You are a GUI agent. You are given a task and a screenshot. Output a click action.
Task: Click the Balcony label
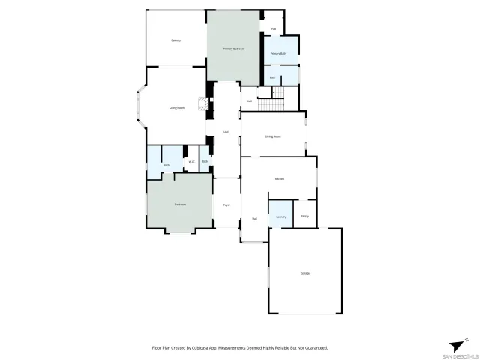pyautogui.click(x=175, y=40)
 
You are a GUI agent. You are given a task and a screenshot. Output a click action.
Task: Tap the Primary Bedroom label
pyautogui.click(x=234, y=49)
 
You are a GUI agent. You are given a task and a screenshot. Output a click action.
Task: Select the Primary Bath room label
pyautogui.click(x=279, y=54)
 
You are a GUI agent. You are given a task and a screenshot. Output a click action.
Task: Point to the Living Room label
pyautogui.click(x=177, y=108)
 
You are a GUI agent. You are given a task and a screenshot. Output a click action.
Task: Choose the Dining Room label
pyautogui.click(x=272, y=136)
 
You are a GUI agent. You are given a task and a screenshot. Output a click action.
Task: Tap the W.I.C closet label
pyautogui.click(x=191, y=162)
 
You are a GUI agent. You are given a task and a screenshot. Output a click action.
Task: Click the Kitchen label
pyautogui.click(x=279, y=179)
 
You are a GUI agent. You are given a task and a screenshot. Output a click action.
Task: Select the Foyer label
pyautogui.click(x=225, y=203)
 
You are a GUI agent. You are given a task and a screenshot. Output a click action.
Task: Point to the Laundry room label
pyautogui.click(x=281, y=217)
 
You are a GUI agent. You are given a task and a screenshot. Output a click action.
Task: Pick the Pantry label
pyautogui.click(x=304, y=216)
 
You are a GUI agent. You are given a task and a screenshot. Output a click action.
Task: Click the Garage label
pyautogui.click(x=304, y=272)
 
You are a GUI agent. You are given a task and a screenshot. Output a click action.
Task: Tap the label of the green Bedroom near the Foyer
pyautogui.click(x=180, y=204)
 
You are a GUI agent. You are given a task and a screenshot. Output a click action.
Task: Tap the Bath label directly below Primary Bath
pyautogui.click(x=273, y=77)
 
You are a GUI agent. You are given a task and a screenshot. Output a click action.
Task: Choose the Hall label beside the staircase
pyautogui.click(x=249, y=100)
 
